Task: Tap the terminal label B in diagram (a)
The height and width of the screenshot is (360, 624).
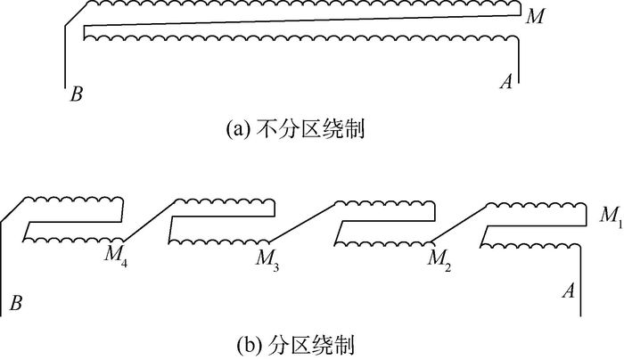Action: pyautogui.click(x=77, y=93)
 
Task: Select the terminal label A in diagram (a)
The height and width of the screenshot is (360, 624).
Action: pyautogui.click(x=506, y=83)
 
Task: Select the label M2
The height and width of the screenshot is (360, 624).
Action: pyautogui.click(x=437, y=258)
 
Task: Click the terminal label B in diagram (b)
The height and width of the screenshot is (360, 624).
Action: pyautogui.click(x=15, y=304)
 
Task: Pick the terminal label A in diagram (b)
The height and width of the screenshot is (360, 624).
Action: pyautogui.click(x=567, y=290)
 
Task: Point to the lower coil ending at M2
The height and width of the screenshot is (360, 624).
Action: pyautogui.click(x=383, y=239)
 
